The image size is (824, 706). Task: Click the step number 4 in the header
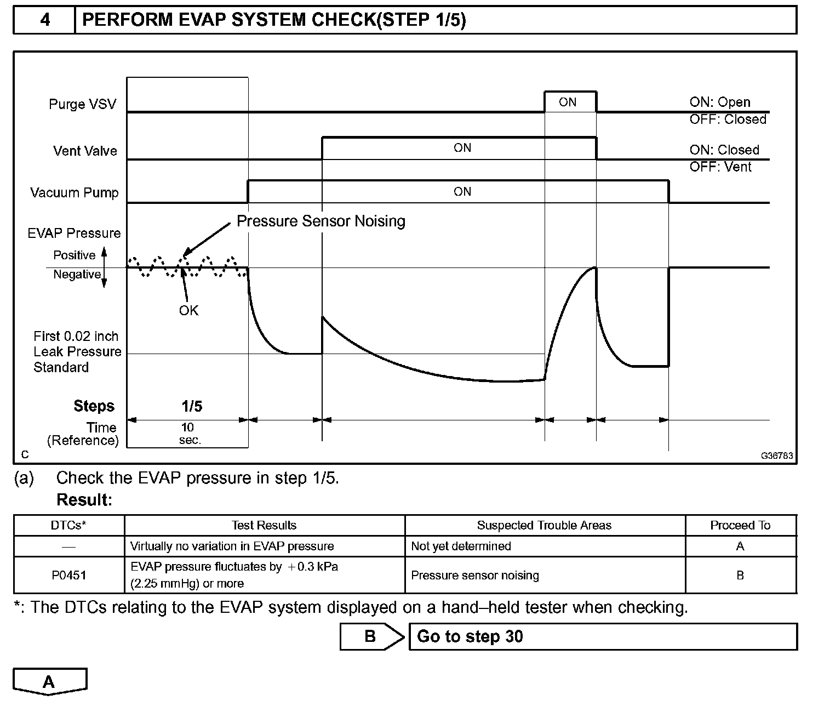click(x=45, y=20)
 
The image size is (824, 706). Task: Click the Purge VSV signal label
click(x=82, y=104)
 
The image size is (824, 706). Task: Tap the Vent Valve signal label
click(x=85, y=151)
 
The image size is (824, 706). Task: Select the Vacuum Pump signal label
click(x=74, y=193)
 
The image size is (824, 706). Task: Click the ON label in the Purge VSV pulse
click(x=568, y=102)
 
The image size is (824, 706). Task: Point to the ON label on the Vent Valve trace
click(x=462, y=147)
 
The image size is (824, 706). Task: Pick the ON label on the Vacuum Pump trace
click(x=462, y=191)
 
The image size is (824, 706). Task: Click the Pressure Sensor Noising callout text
click(x=321, y=221)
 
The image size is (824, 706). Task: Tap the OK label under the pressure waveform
click(x=188, y=310)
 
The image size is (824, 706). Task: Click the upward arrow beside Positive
click(x=105, y=253)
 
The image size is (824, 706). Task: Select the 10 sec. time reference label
click(x=189, y=433)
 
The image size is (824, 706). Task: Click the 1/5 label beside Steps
click(x=192, y=406)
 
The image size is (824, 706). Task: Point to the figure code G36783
click(x=776, y=456)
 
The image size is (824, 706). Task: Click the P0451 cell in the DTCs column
click(x=69, y=575)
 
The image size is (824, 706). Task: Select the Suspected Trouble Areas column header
click(x=544, y=525)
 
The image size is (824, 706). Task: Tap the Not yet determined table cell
click(x=461, y=546)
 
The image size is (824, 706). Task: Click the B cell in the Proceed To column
click(x=740, y=575)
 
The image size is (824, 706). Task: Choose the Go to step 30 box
click(x=603, y=636)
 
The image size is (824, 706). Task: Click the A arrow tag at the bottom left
click(x=49, y=682)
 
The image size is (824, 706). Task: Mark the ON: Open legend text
click(x=720, y=102)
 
